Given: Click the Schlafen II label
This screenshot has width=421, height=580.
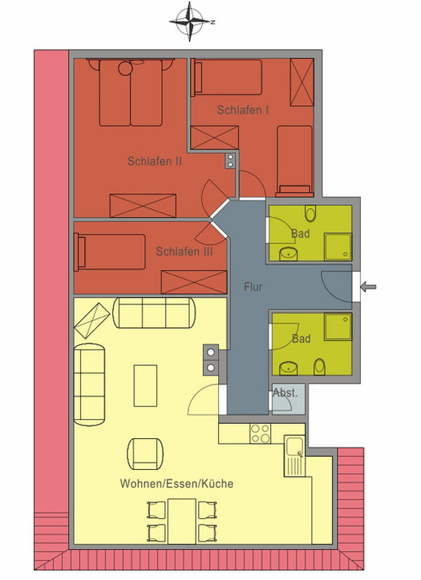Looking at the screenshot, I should [x=155, y=161].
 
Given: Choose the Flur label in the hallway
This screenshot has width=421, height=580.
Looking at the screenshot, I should [x=253, y=287].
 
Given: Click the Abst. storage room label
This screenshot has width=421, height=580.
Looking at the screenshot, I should [x=285, y=393].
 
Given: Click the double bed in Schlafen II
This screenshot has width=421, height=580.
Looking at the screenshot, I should [x=131, y=93].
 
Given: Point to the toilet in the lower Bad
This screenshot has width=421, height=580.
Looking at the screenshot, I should [x=321, y=367].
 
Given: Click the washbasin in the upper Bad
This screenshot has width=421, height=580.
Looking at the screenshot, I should [x=287, y=253].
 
